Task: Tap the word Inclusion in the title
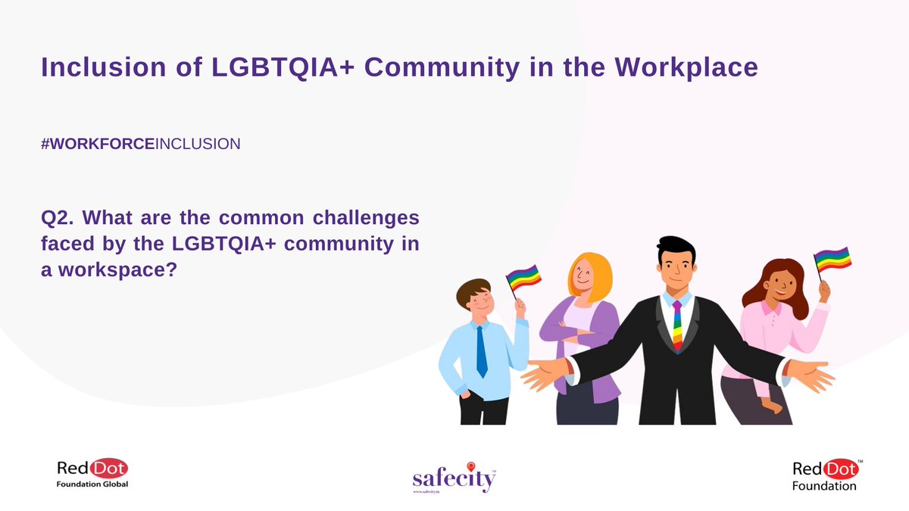tap(102, 67)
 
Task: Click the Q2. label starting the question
tap(57, 219)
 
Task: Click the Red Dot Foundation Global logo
tap(93, 474)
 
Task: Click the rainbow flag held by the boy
tap(523, 276)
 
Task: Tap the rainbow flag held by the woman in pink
tap(832, 259)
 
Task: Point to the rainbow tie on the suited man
tap(677, 326)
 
